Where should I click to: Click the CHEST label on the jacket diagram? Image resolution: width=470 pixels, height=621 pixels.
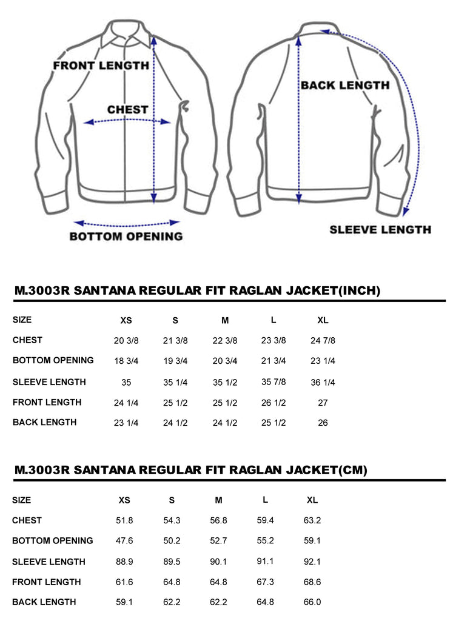[127, 110]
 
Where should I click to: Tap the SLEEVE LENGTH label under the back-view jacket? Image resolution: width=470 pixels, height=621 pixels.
[380, 230]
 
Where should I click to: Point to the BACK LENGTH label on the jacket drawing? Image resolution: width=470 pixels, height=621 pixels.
[344, 86]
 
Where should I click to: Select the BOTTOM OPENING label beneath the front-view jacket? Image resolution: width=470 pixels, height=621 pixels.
[126, 237]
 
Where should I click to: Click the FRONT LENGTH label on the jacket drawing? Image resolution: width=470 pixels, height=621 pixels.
[101, 65]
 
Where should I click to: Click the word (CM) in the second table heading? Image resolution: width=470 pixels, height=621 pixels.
[351, 470]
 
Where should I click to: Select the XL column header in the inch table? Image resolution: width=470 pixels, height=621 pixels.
[323, 320]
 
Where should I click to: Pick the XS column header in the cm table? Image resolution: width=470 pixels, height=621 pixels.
[124, 500]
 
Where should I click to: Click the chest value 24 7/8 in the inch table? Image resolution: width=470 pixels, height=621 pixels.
[323, 341]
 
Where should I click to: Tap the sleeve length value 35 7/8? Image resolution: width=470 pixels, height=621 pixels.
[274, 382]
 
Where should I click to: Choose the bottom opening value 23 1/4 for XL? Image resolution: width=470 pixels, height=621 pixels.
[323, 361]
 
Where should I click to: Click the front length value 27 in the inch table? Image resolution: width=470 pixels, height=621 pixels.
[323, 403]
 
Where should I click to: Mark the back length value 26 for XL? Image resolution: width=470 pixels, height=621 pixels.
[323, 423]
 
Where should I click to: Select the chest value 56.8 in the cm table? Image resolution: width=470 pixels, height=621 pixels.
[218, 520]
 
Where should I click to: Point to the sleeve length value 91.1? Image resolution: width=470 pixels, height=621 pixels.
[266, 562]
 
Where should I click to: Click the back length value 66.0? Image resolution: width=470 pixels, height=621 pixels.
[312, 602]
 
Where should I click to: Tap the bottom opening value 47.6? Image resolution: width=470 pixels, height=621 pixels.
[124, 541]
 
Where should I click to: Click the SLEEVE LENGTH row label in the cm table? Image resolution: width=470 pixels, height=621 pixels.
[49, 562]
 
